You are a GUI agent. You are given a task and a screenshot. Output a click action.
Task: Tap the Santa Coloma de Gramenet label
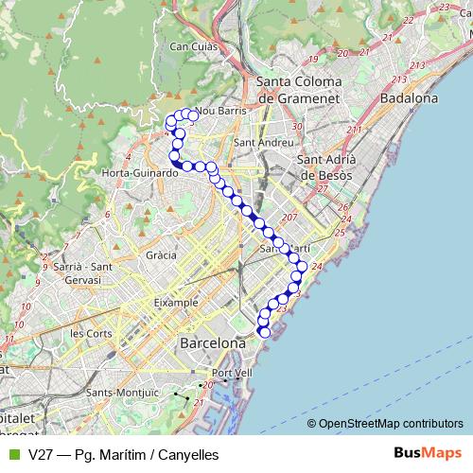[299, 90]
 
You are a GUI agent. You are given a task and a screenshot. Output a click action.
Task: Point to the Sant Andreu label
[257, 143]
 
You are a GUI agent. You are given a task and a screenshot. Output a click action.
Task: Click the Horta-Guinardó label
[140, 173]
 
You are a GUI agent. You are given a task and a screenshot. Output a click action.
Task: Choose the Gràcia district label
[162, 255]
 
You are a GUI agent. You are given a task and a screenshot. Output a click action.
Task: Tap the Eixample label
[176, 303]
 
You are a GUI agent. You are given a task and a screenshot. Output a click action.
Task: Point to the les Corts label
[92, 333]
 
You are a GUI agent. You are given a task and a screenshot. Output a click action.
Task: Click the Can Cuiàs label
[193, 45]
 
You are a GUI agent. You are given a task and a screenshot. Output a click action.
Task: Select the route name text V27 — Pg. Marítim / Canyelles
[123, 454]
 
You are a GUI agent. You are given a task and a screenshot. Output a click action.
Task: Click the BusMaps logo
[429, 453]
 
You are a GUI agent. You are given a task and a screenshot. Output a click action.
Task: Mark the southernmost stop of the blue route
[264, 332]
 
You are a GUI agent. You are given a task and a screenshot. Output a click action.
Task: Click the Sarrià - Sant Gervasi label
[83, 273]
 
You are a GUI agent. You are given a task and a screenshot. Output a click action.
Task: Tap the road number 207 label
[289, 219]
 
